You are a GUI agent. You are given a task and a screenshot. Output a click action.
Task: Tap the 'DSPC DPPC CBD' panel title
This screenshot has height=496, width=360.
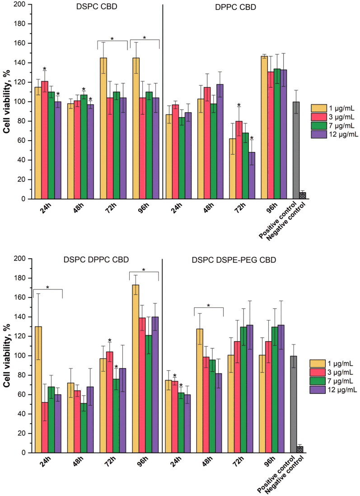tap(96, 260)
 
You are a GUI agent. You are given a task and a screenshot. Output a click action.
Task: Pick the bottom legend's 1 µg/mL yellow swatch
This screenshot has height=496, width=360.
tap(317, 363)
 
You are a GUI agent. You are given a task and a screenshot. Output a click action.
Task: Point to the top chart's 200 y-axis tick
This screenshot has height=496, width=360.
tap(23, 5)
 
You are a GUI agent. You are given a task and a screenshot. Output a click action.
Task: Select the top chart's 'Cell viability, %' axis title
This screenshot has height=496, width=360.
tap(7, 102)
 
